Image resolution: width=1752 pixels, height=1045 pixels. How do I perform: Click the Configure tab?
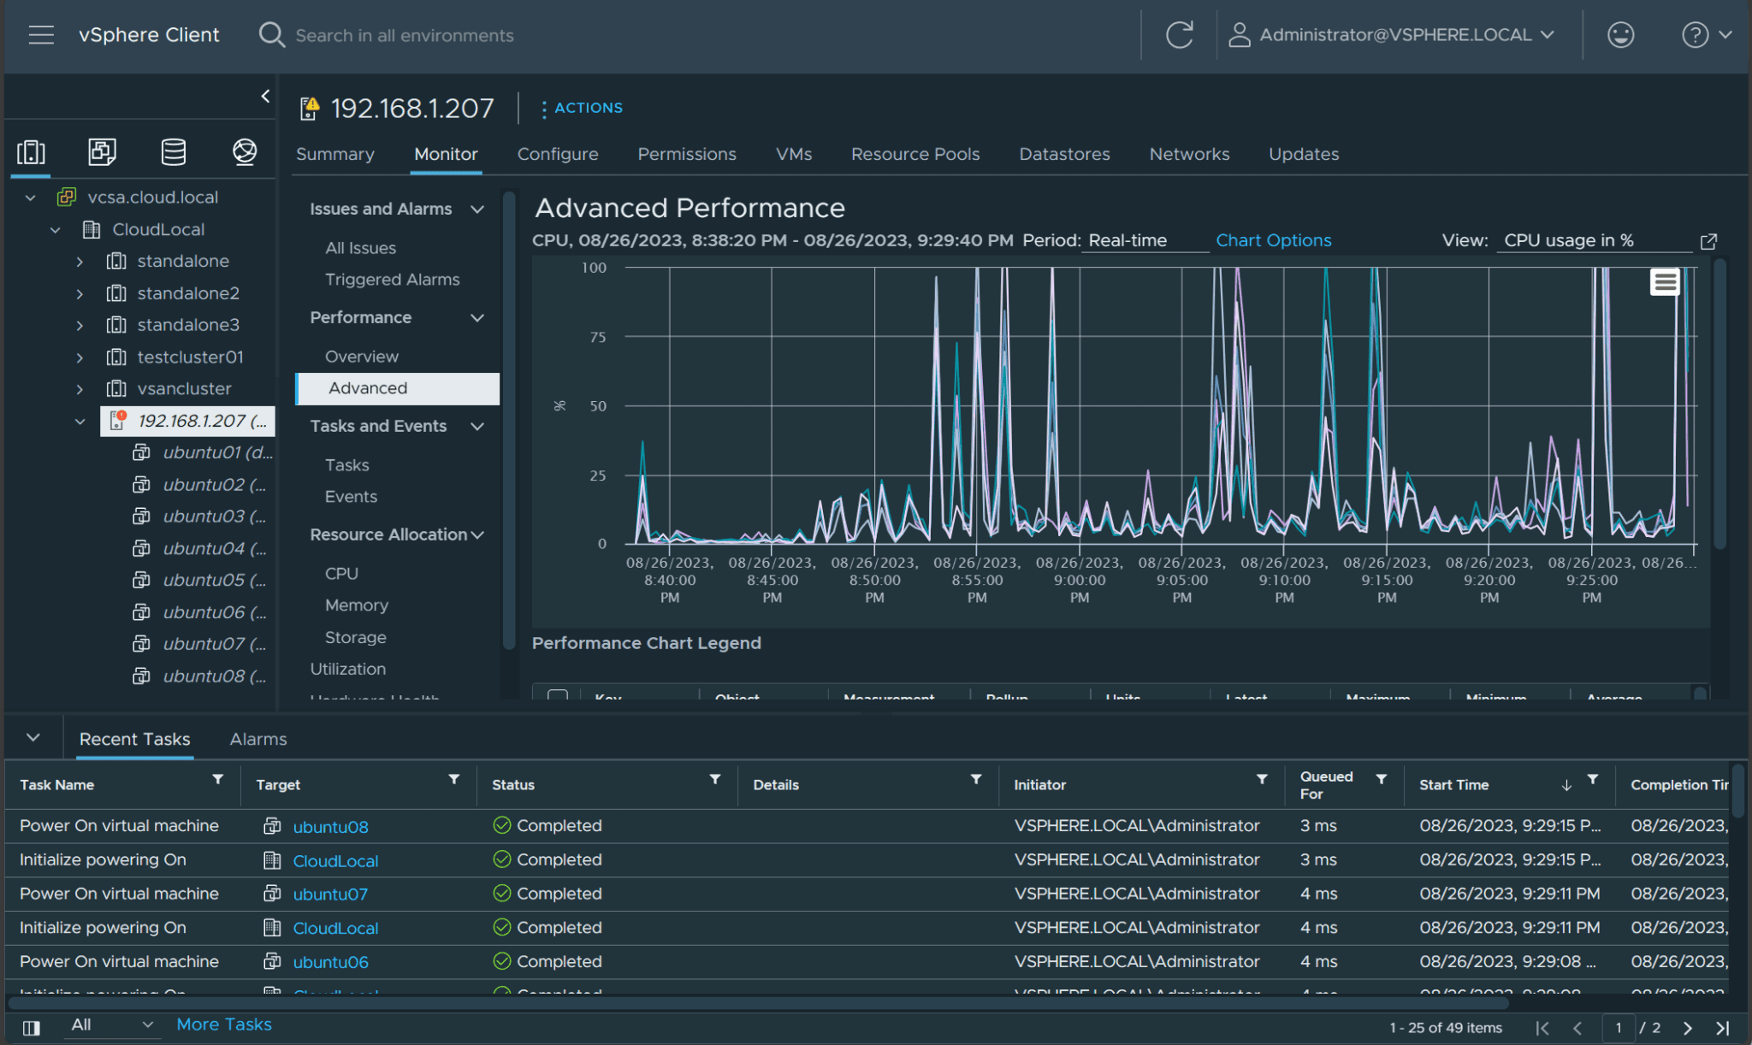tap(557, 154)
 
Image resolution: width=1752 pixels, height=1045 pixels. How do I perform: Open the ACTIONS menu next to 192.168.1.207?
tap(581, 108)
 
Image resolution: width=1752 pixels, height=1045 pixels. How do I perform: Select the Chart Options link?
tap(1273, 240)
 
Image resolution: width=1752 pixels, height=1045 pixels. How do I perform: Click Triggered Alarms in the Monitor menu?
tap(392, 280)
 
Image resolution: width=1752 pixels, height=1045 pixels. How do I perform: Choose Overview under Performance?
tap(361, 357)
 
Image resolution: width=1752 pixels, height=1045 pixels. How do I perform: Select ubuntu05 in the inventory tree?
tap(214, 580)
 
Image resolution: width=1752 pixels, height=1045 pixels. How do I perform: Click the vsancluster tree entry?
tap(184, 388)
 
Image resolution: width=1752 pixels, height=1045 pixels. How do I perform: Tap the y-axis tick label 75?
tap(597, 337)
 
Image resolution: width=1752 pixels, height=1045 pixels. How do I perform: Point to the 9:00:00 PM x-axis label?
tap(1079, 580)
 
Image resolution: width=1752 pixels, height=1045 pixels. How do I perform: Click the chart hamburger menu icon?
tap(1664, 282)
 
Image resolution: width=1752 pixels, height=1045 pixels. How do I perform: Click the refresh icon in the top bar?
tap(1179, 35)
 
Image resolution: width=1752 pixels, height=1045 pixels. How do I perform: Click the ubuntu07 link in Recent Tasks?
tap(330, 894)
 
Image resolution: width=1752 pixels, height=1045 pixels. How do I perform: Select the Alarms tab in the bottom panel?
tap(257, 739)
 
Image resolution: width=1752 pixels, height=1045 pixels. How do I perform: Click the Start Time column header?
tap(1453, 785)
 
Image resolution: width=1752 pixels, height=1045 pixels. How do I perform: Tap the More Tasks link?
tap(223, 1024)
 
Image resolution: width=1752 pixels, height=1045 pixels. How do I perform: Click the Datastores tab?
tap(1063, 154)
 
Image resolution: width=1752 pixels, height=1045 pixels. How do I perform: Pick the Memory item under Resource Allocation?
tap(356, 605)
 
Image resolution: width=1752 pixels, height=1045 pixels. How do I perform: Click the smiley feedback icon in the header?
tap(1619, 35)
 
